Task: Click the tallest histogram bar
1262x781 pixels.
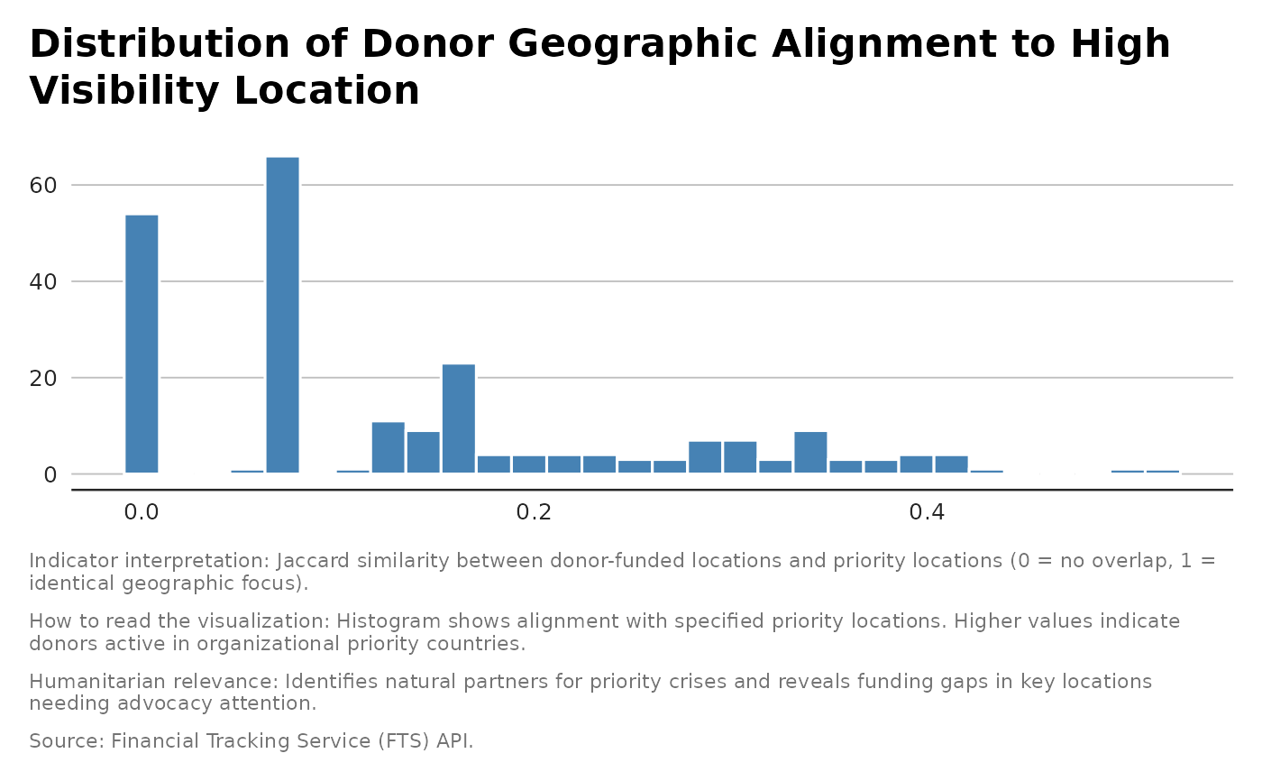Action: [x=282, y=315]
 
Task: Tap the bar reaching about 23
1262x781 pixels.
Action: [x=458, y=418]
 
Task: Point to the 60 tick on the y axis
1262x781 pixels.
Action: [x=44, y=186]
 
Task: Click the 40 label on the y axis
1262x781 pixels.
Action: [x=44, y=282]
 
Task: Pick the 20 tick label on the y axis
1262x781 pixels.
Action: [x=44, y=379]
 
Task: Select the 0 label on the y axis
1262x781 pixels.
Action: [x=51, y=475]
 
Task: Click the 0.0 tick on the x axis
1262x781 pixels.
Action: [x=142, y=512]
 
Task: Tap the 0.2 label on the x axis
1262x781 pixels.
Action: [x=534, y=512]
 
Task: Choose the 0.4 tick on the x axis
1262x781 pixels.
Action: [x=927, y=512]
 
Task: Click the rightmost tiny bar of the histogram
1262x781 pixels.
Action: [x=1162, y=471]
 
